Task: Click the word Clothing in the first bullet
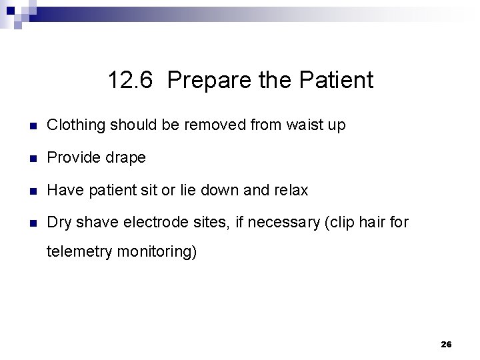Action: [x=76, y=125]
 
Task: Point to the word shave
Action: [x=95, y=223]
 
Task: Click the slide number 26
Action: [x=446, y=345]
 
